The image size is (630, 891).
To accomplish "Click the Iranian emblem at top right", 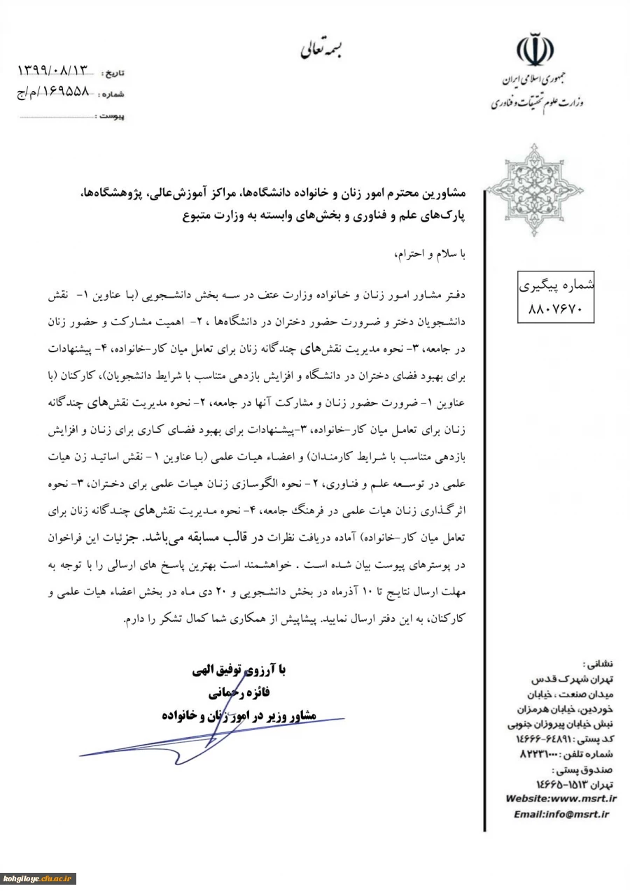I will [x=535, y=48].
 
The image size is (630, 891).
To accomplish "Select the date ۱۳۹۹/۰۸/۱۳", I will [x=55, y=71].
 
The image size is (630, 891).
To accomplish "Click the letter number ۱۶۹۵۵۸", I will [x=62, y=92].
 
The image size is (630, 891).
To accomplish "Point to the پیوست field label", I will [x=111, y=116].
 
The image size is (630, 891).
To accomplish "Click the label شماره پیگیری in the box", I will [x=554, y=285].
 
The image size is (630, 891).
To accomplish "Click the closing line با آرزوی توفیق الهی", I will [x=240, y=671].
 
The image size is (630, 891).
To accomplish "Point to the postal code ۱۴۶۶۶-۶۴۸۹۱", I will [x=552, y=739].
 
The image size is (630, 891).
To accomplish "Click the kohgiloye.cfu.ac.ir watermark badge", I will [x=38, y=878].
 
